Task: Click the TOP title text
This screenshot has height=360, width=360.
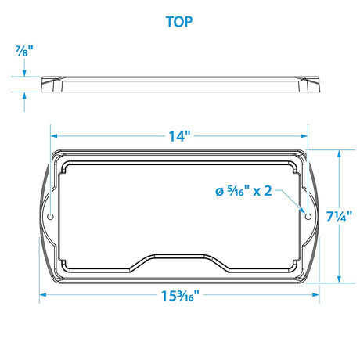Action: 180,21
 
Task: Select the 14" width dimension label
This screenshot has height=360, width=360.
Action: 179,135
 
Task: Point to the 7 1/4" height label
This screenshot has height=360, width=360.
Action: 339,217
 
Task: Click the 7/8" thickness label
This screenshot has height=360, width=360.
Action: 25,52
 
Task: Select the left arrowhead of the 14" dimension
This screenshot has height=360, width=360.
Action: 55,135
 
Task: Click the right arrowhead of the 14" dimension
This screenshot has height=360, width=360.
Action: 304,135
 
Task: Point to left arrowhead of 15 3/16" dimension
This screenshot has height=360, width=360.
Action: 43,295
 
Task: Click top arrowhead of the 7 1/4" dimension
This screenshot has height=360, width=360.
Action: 338,155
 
